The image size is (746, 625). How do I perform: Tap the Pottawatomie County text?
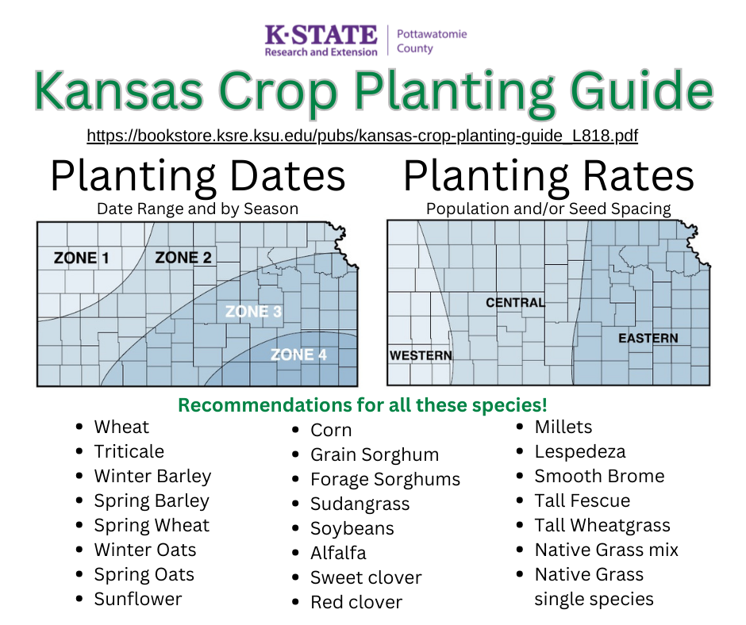[x=432, y=41]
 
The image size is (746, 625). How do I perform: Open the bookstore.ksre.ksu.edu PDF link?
[x=362, y=136]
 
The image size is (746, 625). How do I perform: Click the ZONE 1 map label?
[x=82, y=258]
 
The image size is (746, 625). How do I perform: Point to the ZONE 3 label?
[x=253, y=312]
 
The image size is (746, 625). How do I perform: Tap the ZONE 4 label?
[x=298, y=355]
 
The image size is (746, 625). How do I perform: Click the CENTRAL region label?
[x=515, y=302]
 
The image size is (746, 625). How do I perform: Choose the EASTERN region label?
[x=648, y=338]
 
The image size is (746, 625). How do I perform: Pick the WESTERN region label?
[x=421, y=355]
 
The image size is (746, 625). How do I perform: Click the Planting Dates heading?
[x=198, y=176]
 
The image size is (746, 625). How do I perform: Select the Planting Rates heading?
[x=548, y=176]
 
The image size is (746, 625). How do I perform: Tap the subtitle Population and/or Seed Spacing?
[x=548, y=209]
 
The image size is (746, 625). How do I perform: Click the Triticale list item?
[x=129, y=451]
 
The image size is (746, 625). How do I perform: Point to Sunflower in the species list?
[x=138, y=599]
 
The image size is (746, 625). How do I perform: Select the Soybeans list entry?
[x=352, y=528]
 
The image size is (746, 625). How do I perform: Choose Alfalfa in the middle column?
[x=338, y=553]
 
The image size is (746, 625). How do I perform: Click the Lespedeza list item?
[x=580, y=451]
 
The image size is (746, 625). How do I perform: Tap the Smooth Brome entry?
[x=599, y=476]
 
